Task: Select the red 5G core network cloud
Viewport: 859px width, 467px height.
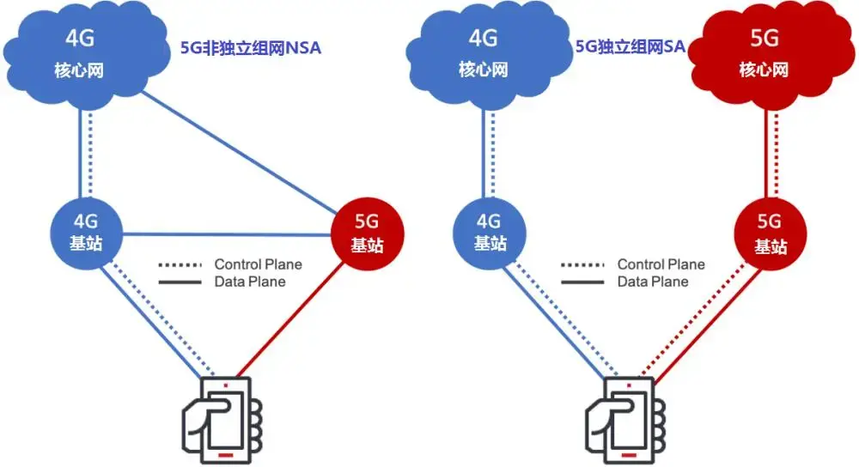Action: (763, 53)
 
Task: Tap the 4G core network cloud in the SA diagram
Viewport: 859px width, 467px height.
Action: (483, 53)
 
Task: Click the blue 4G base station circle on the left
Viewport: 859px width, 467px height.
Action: (86, 232)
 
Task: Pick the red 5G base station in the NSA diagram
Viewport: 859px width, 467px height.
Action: (367, 234)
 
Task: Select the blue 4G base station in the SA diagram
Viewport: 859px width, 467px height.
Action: (490, 232)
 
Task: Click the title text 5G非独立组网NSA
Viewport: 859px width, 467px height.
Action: (250, 48)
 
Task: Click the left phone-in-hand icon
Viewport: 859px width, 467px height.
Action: (221, 419)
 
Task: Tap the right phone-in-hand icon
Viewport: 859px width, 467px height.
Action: (624, 419)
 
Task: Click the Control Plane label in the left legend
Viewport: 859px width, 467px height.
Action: (258, 264)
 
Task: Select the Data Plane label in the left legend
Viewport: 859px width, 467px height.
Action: (249, 282)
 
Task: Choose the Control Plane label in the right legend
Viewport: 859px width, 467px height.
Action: (661, 264)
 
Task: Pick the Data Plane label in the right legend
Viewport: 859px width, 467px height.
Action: (653, 282)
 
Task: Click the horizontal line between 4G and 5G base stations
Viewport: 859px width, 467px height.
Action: (226, 233)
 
